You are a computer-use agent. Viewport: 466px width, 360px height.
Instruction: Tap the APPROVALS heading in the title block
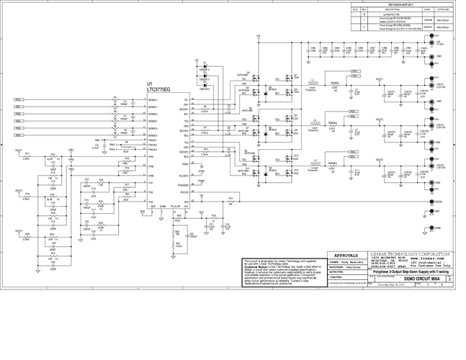pyautogui.click(x=347, y=255)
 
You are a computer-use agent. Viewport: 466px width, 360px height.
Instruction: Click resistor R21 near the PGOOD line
pyautogui.click(x=230, y=199)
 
